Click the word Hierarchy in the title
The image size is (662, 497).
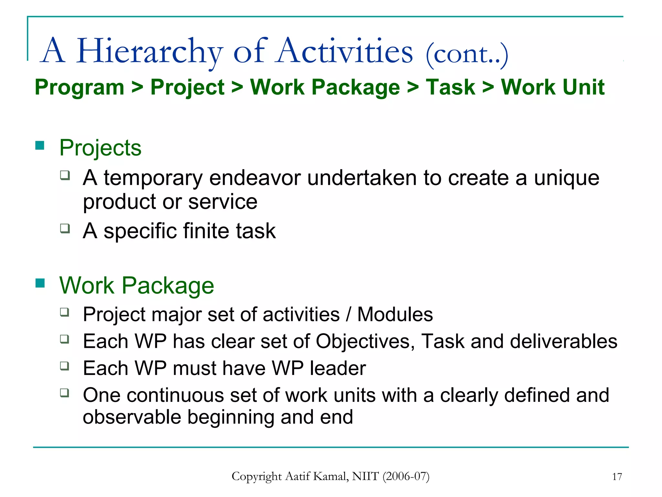point(149,52)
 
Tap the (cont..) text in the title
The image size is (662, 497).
point(467,54)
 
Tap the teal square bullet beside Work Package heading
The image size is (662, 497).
point(40,283)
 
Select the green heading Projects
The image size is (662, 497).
point(100,148)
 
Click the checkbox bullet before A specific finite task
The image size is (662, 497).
point(65,228)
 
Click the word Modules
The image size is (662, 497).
point(395,315)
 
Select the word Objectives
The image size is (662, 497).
point(365,342)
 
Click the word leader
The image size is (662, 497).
point(337,368)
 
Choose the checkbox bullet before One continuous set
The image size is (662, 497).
point(65,393)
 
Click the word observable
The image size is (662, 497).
point(132,417)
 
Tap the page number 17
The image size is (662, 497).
point(617,477)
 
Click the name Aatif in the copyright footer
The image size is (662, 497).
point(299,476)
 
